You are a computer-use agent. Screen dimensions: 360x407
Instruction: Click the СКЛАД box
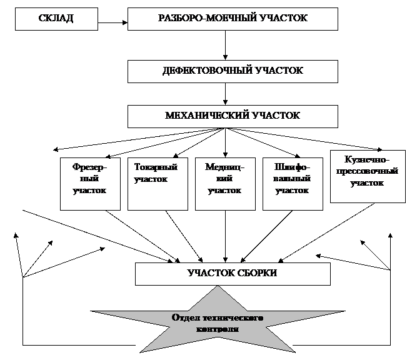[56, 19]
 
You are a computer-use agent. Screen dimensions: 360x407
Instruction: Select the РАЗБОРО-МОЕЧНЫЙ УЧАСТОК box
[233, 19]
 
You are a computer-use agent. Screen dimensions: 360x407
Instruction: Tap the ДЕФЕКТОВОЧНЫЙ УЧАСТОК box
[233, 71]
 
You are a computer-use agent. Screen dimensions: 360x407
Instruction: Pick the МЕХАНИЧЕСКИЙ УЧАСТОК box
[233, 116]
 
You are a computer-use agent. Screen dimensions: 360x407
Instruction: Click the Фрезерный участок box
[90, 183]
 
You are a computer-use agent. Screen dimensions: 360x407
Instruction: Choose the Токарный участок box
[158, 183]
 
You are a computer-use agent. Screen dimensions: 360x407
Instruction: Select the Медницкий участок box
[225, 183]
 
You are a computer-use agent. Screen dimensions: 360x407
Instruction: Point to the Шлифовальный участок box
[293, 183]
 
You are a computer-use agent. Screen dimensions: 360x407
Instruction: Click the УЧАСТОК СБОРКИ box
[233, 274]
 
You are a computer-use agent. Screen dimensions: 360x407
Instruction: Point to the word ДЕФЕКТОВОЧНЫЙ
[207, 71]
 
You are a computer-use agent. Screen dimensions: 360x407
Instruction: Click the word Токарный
[156, 167]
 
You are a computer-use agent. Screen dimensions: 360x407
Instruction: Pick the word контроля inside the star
[218, 329]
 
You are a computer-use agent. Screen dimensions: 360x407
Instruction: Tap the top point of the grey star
[218, 288]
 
